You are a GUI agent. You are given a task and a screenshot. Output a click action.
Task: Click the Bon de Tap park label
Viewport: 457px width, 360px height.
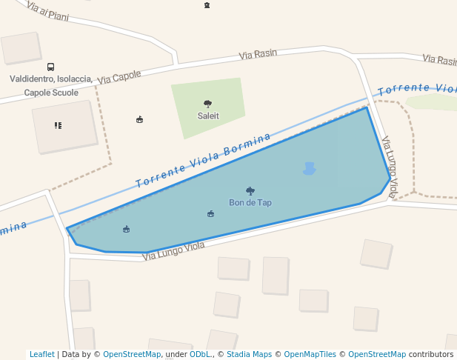250,202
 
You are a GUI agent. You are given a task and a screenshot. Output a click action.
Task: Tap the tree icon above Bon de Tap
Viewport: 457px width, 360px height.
250,191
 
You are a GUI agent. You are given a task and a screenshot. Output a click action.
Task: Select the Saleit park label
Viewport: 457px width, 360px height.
208,116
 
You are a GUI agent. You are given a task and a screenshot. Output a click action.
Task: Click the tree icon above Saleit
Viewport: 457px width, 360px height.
207,104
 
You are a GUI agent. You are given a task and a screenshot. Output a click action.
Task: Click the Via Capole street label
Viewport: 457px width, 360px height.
119,76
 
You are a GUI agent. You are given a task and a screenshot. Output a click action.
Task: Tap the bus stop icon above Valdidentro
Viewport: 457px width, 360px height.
50,67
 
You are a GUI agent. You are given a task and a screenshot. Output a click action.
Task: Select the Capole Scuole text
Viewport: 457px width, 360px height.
51,93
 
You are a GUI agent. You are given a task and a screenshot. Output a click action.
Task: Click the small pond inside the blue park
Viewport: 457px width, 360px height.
309,169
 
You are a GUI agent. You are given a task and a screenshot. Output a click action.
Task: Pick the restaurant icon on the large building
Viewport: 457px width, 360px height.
58,125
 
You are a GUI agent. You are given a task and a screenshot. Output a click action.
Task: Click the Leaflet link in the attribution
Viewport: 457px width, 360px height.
41,354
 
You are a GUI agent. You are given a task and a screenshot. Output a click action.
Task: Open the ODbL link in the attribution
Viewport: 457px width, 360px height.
200,354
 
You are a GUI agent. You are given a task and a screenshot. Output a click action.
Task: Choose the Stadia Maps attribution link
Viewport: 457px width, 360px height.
249,354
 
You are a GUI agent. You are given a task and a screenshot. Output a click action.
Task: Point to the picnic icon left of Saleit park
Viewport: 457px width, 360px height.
140,119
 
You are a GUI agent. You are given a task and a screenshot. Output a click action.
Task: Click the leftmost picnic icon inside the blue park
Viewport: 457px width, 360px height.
126,229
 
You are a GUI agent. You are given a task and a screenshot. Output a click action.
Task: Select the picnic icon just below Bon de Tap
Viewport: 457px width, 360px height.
211,214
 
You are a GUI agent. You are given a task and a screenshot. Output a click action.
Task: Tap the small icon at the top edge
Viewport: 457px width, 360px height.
207,5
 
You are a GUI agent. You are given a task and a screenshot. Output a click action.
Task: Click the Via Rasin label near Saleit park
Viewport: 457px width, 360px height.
258,55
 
